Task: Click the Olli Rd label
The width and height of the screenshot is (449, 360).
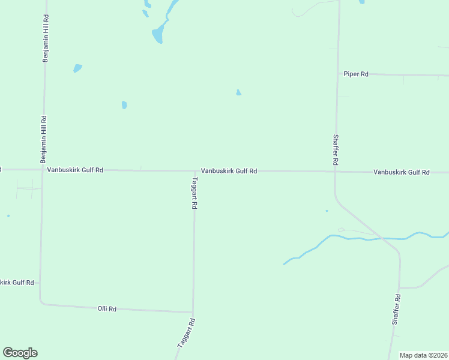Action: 107,308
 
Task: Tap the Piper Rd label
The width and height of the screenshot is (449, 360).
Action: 355,74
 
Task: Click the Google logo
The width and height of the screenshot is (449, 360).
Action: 20,353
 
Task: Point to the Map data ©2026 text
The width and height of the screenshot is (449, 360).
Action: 423,355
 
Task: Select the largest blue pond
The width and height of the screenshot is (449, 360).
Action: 158,34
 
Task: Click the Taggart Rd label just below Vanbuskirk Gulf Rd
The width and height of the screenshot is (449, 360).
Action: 194,192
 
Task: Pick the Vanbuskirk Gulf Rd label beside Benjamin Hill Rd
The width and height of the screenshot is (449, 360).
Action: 75,170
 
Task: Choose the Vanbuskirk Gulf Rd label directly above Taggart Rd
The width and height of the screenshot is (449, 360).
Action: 229,171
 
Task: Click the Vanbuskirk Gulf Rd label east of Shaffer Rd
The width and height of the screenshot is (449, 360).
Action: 401,172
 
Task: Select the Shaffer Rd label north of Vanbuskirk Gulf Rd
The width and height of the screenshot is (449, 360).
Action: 336,149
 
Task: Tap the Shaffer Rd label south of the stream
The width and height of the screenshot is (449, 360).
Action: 396,310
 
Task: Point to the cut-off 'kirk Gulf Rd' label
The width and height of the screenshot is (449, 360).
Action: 17,282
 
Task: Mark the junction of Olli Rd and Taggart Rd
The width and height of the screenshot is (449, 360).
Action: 193,312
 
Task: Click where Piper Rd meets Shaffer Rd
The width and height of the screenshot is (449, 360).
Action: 337,74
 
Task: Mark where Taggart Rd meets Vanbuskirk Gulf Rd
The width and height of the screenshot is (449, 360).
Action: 194,171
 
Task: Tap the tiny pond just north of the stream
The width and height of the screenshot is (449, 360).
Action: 327,211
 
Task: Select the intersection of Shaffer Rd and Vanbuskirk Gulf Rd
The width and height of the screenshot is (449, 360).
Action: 335,172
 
